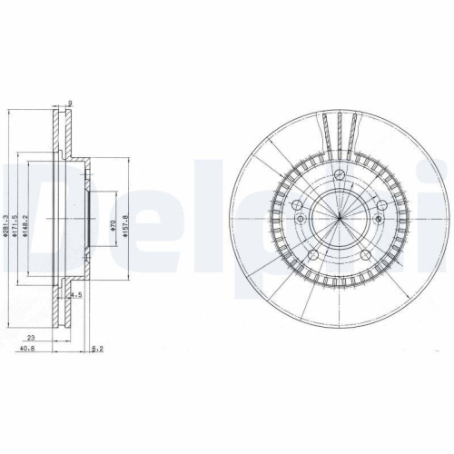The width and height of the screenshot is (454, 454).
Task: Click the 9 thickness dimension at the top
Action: pyautogui.click(x=72, y=102)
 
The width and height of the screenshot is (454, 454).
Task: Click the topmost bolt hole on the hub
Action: pyautogui.click(x=338, y=174)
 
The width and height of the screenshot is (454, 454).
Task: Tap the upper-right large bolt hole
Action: pyautogui.click(x=379, y=205)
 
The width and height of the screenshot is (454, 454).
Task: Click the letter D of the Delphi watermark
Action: pyautogui.click(x=27, y=218)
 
